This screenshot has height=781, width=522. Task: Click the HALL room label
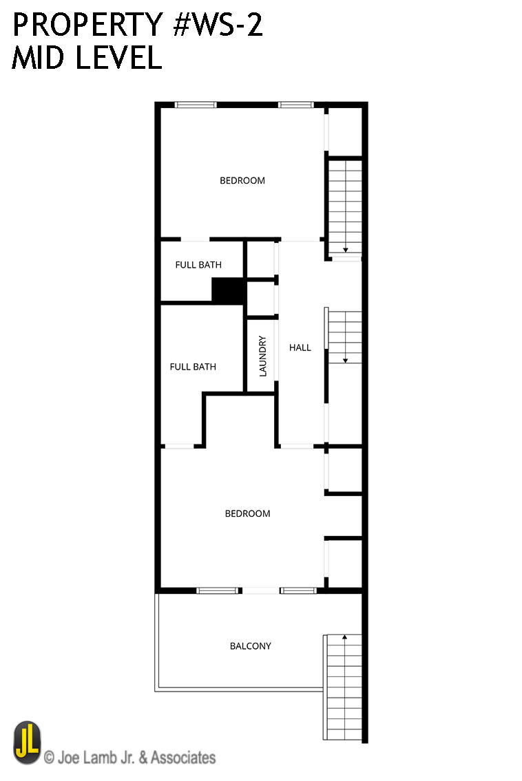pyautogui.click(x=300, y=347)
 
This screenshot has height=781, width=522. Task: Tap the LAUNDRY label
pyautogui.click(x=263, y=356)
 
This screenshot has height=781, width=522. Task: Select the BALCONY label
pyautogui.click(x=250, y=646)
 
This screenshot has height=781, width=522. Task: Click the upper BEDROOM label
pyautogui.click(x=242, y=180)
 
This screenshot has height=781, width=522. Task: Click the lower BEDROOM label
pyautogui.click(x=247, y=513)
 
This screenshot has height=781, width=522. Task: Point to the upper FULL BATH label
pyautogui.click(x=198, y=265)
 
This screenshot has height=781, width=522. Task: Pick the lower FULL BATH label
pyautogui.click(x=193, y=367)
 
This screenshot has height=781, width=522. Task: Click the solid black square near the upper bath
pyautogui.click(x=228, y=290)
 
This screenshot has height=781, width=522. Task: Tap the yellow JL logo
pyautogui.click(x=27, y=742)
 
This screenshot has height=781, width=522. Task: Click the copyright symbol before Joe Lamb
pyautogui.click(x=49, y=758)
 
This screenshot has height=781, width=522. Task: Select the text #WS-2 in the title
pyautogui.click(x=218, y=25)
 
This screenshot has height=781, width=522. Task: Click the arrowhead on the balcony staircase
pyautogui.click(x=344, y=637)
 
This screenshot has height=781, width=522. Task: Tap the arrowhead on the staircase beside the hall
pyautogui.click(x=345, y=360)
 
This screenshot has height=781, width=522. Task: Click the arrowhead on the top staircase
pyautogui.click(x=345, y=250)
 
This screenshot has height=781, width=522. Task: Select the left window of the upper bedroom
pyautogui.click(x=196, y=105)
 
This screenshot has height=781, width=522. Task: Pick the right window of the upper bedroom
pyautogui.click(x=295, y=105)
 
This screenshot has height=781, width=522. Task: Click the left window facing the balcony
pyautogui.click(x=217, y=590)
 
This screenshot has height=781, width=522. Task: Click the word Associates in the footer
pyautogui.click(x=183, y=758)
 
